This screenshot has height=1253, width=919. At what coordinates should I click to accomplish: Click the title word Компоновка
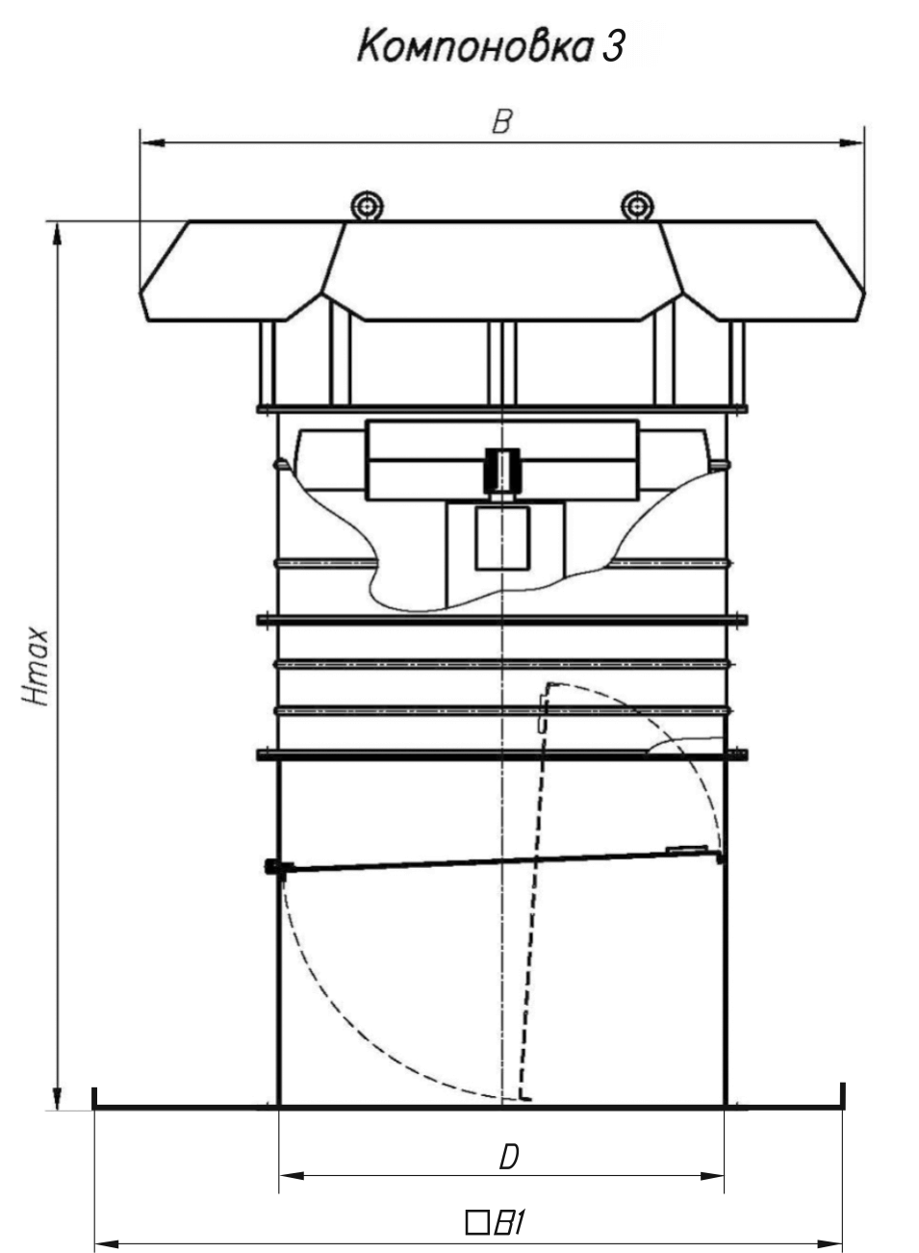tap(474, 46)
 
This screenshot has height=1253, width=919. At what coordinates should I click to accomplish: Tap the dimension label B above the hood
tap(501, 121)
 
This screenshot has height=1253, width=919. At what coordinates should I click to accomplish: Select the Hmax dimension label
tap(35, 667)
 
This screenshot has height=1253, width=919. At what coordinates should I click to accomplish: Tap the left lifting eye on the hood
tap(367, 206)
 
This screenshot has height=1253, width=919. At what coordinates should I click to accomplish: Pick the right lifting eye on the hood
tap(637, 206)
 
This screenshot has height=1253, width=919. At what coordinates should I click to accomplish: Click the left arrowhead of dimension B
tap(152, 143)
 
